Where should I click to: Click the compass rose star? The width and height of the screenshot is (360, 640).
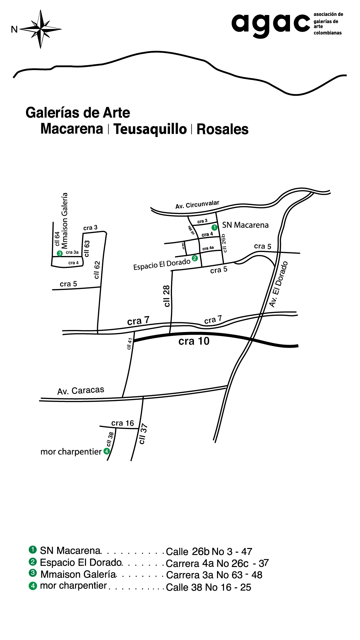40,29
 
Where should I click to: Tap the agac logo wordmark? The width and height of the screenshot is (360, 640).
271,24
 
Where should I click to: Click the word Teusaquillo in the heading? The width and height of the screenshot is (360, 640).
150,129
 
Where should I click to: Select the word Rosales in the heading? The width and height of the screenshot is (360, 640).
222,129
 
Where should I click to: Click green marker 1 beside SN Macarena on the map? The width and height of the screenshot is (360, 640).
215,227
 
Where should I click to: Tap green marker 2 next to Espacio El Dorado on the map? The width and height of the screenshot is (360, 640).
195,258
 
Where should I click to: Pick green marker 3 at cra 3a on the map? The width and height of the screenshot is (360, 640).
60,253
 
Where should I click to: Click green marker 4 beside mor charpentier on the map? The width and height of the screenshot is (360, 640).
107,451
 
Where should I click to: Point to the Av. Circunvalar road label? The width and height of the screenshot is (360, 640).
197,205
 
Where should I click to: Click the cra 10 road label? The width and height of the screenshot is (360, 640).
194,341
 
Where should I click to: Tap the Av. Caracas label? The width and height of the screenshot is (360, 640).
81,391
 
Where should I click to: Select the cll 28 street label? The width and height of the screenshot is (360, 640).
166,296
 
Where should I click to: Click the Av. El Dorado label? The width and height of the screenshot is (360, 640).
278,284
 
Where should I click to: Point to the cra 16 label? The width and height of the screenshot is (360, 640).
122,423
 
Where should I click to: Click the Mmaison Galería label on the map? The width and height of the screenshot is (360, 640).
65,220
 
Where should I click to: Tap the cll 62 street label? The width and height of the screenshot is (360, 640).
97,270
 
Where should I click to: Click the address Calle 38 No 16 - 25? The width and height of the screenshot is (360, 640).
208,587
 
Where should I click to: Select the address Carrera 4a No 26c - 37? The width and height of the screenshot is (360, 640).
217,563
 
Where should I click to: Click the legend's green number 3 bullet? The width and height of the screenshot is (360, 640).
33,573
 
